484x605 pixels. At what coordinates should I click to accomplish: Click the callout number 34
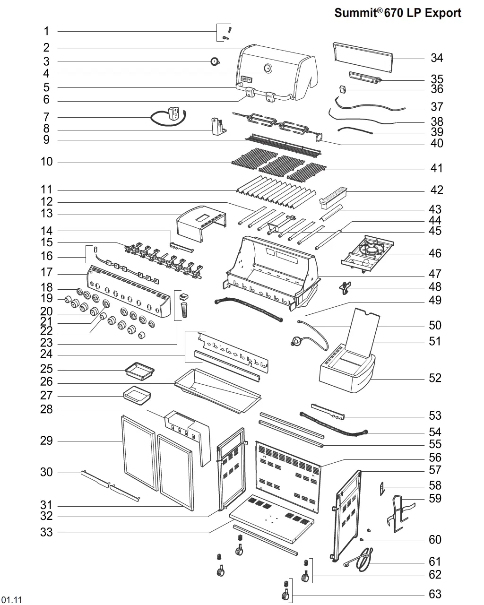point(437,58)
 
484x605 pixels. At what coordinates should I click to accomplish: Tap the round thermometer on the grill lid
point(268,68)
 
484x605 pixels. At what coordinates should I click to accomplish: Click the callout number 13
point(46,214)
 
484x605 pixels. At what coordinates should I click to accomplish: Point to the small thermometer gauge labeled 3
point(215,61)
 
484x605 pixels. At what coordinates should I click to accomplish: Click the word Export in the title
point(442,13)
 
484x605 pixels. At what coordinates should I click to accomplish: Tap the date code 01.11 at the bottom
point(11,600)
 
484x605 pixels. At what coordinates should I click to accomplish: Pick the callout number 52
point(435,378)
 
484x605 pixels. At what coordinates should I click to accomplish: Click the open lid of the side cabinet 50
point(364,331)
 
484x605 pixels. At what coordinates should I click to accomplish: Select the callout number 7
point(46,117)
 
